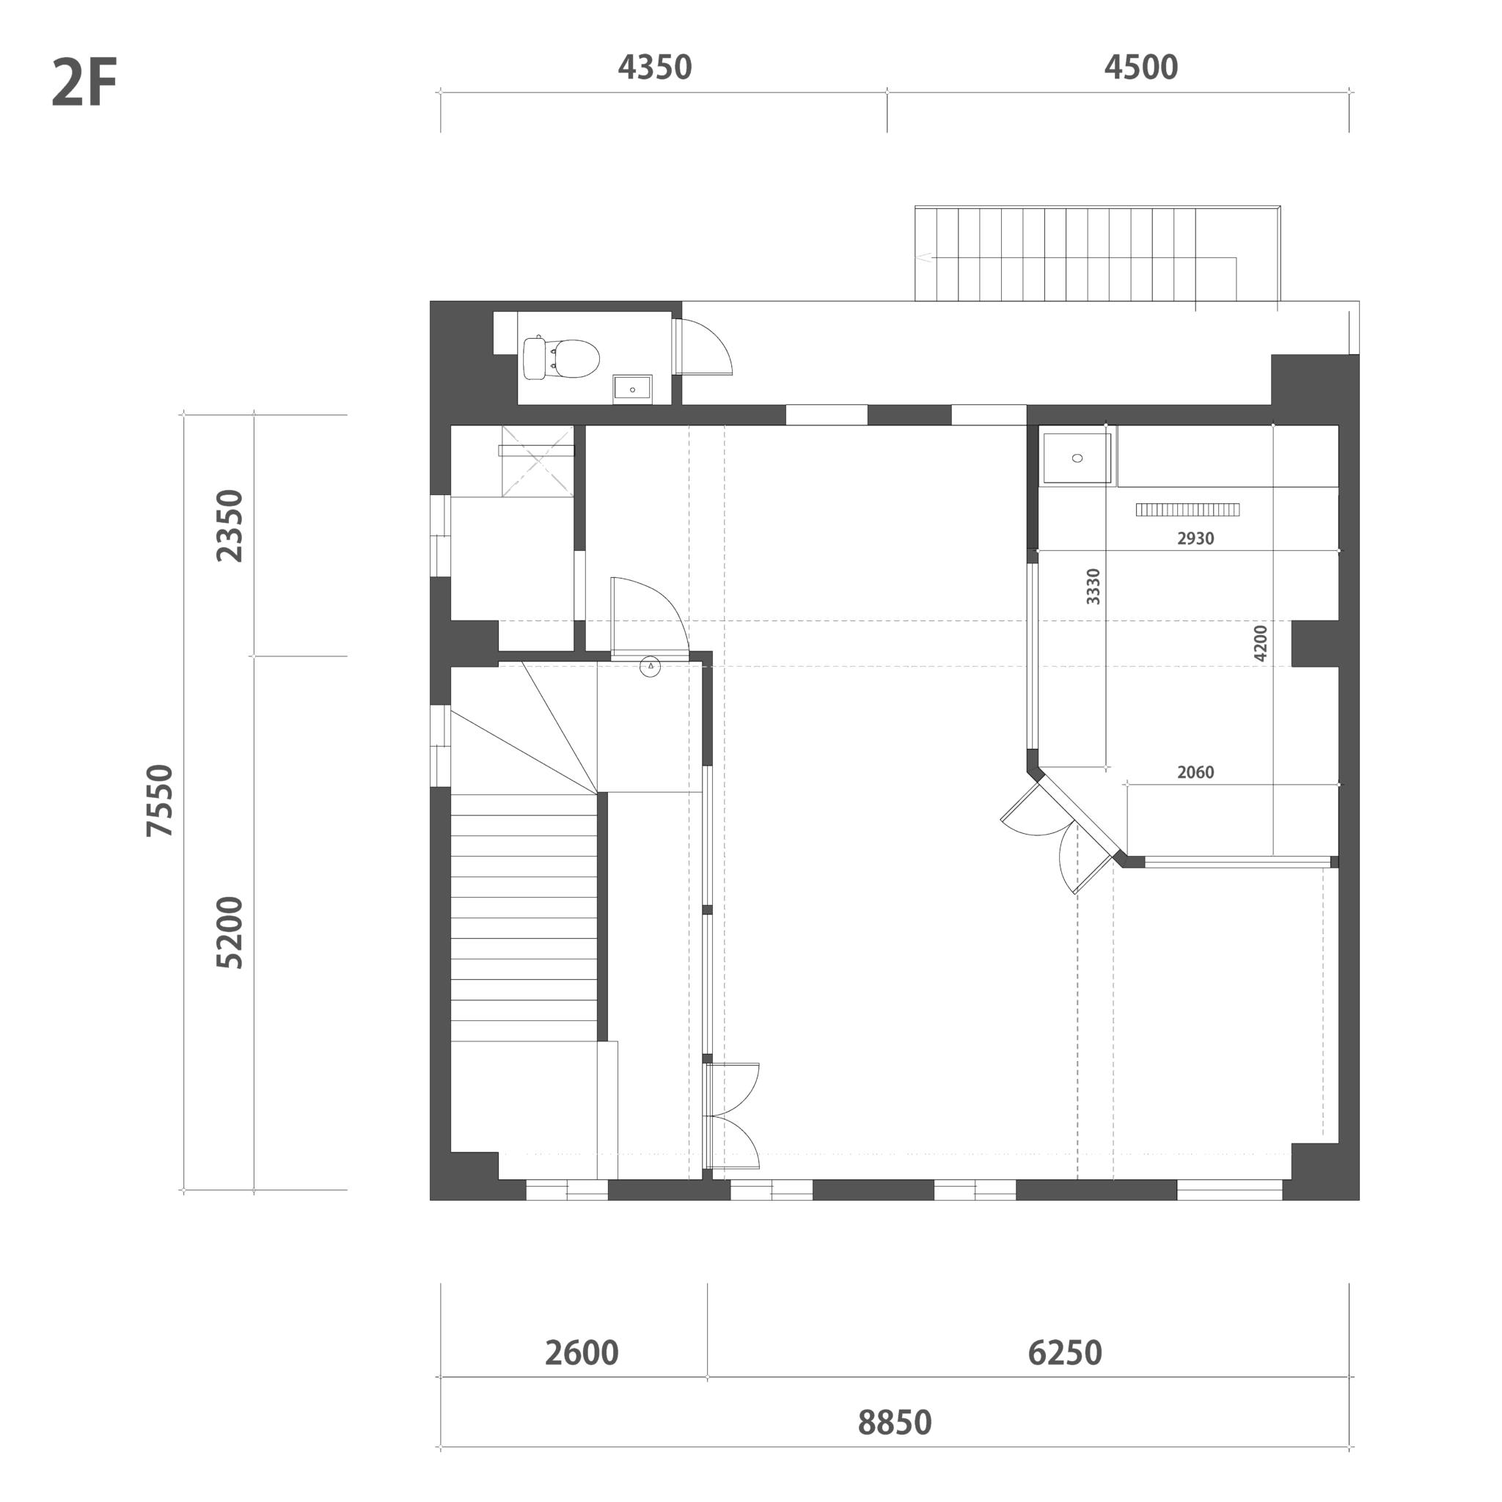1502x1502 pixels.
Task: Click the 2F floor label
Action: tap(84, 84)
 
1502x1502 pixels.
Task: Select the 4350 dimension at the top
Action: tap(655, 67)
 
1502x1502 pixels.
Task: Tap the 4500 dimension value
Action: tap(1140, 67)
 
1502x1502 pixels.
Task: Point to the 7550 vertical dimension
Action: tap(160, 800)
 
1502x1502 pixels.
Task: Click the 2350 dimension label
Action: tap(230, 526)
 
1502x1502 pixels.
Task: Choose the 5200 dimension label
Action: tap(230, 932)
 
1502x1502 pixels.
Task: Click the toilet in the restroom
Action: tap(561, 359)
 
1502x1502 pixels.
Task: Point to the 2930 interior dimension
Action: tap(1195, 538)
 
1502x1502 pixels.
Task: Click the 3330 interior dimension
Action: tap(1093, 586)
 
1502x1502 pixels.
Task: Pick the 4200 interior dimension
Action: tap(1261, 643)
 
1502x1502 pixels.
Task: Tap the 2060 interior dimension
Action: tap(1195, 772)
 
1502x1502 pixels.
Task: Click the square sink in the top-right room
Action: tap(1077, 458)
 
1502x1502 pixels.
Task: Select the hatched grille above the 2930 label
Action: tap(1187, 510)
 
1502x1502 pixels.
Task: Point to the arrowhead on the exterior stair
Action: tap(923, 257)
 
